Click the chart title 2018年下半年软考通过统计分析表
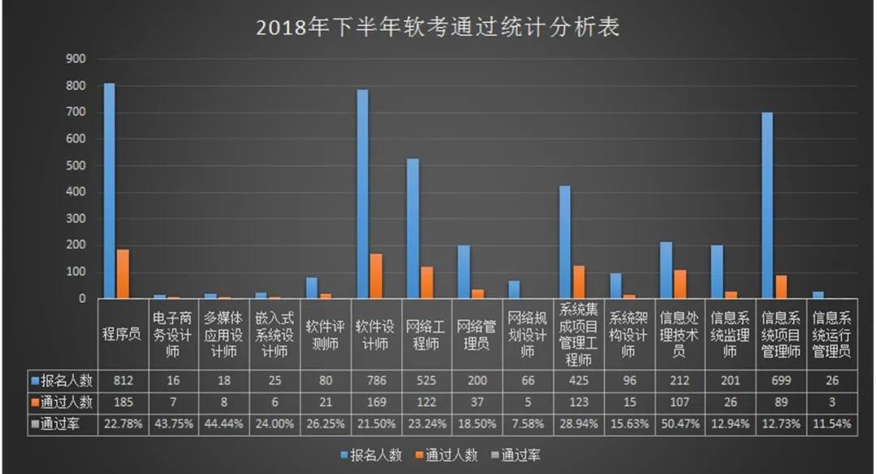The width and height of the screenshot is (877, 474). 438,28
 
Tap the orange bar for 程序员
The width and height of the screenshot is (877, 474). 123,274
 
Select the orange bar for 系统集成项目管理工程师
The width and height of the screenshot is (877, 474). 579,282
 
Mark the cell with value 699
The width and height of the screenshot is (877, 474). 781,380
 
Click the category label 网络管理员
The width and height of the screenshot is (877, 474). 477,335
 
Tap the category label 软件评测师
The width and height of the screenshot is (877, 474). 325,335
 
